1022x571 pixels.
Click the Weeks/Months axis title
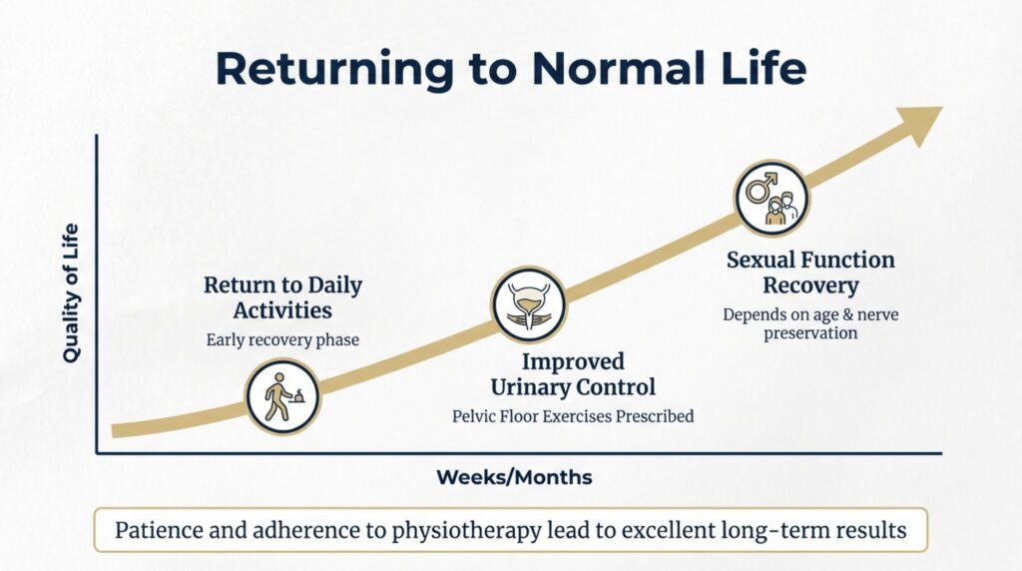tap(514, 477)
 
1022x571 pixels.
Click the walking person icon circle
tap(282, 396)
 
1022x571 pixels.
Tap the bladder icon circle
tap(529, 304)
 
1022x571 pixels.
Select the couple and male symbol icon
tap(771, 198)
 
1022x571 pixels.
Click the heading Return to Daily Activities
tap(282, 297)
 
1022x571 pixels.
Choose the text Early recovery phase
tap(282, 339)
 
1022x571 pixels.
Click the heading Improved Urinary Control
tap(572, 373)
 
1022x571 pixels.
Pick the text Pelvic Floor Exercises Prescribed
tap(572, 415)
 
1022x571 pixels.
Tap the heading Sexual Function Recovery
tap(810, 273)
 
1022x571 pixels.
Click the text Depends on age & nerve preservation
tap(810, 323)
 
